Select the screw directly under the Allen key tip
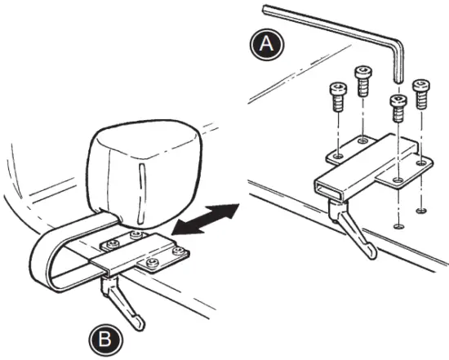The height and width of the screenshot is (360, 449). [398, 108]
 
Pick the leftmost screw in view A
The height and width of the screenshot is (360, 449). [336, 96]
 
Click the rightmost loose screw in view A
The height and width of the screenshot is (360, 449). [421, 92]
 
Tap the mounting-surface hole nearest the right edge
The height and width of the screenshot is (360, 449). [420, 211]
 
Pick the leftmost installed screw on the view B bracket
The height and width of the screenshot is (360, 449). [109, 243]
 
